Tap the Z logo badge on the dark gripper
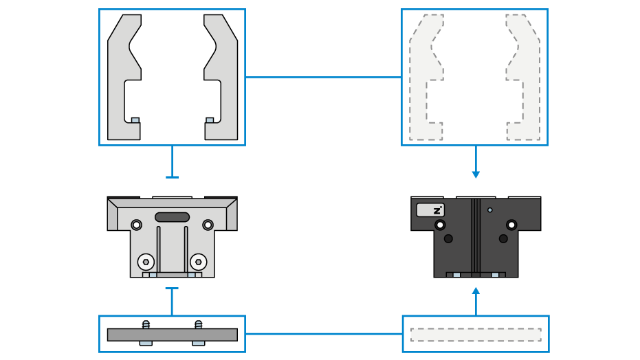point(430,210)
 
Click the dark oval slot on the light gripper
point(173,217)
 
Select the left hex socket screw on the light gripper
point(146,262)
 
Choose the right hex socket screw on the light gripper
point(199,262)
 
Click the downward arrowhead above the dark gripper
point(476,175)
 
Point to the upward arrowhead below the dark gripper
point(476,291)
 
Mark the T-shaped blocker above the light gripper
point(173,162)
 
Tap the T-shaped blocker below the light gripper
point(173,302)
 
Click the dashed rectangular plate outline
point(476,335)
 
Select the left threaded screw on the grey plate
point(146,324)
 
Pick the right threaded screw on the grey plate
point(199,324)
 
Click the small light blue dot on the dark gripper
point(489,210)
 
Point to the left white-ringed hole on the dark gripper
point(439,225)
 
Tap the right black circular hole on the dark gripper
point(503,238)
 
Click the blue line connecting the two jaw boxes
point(323,77)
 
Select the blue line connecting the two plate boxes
point(324,334)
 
